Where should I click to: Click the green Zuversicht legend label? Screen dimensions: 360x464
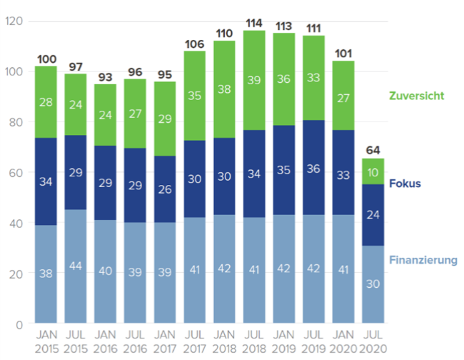pyautogui.click(x=418, y=95)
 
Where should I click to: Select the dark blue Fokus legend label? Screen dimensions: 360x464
pyautogui.click(x=405, y=184)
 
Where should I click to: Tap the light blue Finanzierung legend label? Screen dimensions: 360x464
pyautogui.click(x=423, y=260)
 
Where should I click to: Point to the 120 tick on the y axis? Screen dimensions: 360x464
pyautogui.click(x=14, y=21)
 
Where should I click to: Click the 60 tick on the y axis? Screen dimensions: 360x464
pyautogui.click(x=14, y=173)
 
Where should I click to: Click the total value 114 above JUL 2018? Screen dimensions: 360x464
pyautogui.click(x=253, y=23)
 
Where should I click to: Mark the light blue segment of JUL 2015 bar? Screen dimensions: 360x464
pyautogui.click(x=75, y=266)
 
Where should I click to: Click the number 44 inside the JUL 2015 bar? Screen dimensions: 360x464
pyautogui.click(x=75, y=266)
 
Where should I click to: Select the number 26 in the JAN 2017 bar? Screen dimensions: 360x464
pyautogui.click(x=164, y=190)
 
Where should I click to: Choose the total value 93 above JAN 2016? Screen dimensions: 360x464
pyautogui.click(x=105, y=76)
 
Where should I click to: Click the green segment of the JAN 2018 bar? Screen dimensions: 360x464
pyautogui.click(x=223, y=89)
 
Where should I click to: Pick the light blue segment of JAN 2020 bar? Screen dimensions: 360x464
pyautogui.click(x=342, y=269)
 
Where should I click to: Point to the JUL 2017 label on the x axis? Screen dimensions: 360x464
pyautogui.click(x=194, y=342)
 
